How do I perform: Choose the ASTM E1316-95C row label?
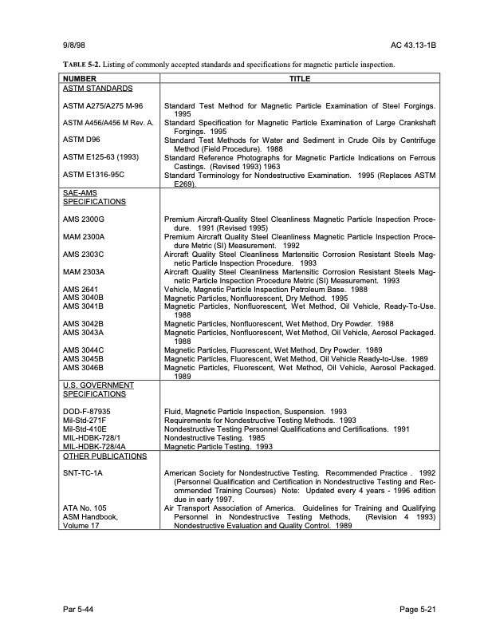pos(93,174)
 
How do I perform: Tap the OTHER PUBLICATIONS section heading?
pos(104,456)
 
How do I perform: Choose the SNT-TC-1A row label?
pos(83,473)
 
